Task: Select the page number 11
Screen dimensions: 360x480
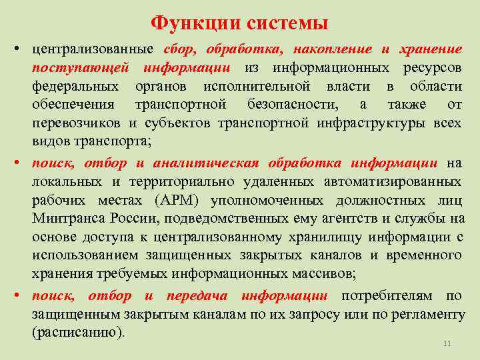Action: pos(447,343)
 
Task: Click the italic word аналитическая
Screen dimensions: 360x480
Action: pos(207,163)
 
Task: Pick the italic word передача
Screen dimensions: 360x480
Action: pos(197,295)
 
